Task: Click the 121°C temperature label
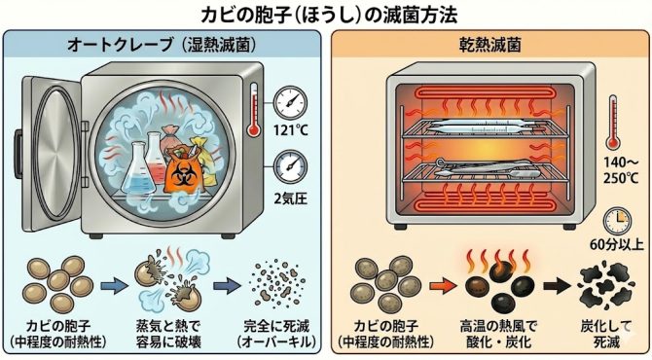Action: [290, 130]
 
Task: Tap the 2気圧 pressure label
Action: [290, 198]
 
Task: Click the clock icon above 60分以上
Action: [618, 222]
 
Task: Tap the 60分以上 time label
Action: [617, 244]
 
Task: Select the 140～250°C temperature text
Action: [621, 170]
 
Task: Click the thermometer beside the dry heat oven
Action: [612, 123]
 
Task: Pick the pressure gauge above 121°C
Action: [290, 103]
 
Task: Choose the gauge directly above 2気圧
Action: [290, 166]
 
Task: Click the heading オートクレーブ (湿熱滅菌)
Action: [162, 45]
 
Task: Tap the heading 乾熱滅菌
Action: [489, 45]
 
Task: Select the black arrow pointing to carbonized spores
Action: [558, 286]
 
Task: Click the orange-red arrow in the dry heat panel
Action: [443, 286]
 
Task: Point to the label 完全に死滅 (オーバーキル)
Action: [276, 334]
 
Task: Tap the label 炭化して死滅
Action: [606, 334]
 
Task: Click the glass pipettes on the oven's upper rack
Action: [484, 125]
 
